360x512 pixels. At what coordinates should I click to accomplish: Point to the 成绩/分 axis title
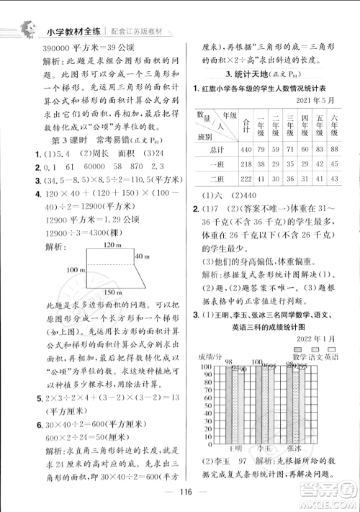coord(205,357)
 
